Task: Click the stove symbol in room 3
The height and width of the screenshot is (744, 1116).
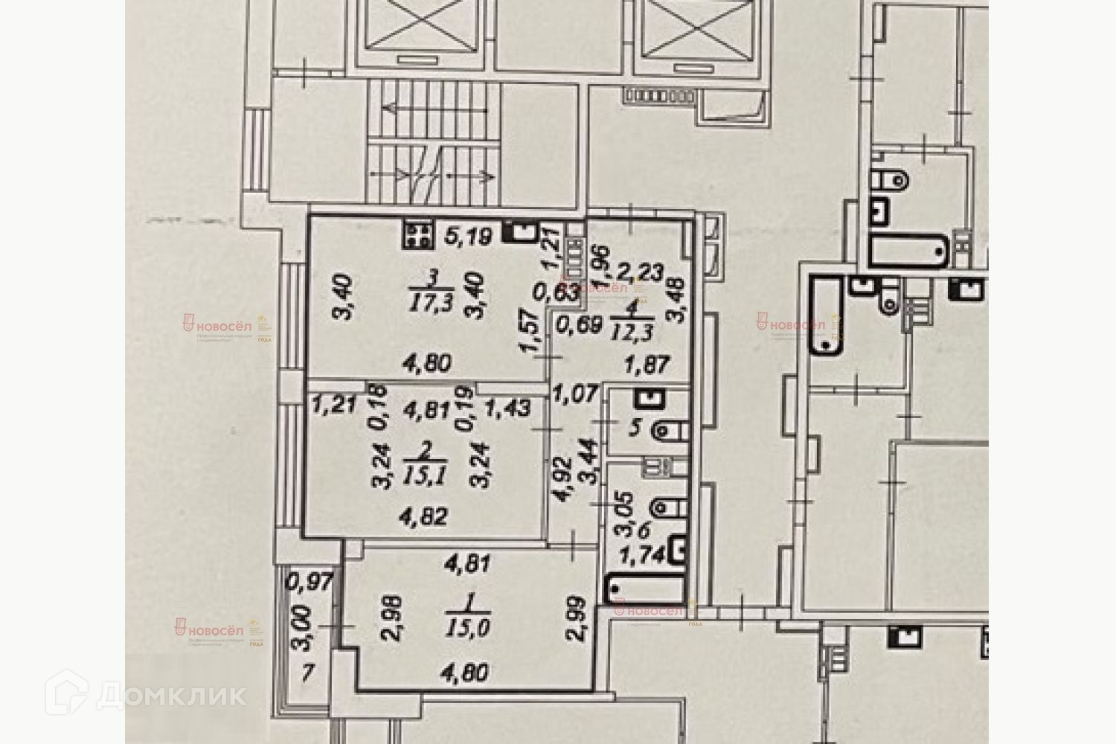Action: tap(418, 235)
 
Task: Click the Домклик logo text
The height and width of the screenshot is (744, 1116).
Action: tap(171, 696)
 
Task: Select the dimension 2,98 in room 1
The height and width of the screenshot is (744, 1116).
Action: tap(394, 617)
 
